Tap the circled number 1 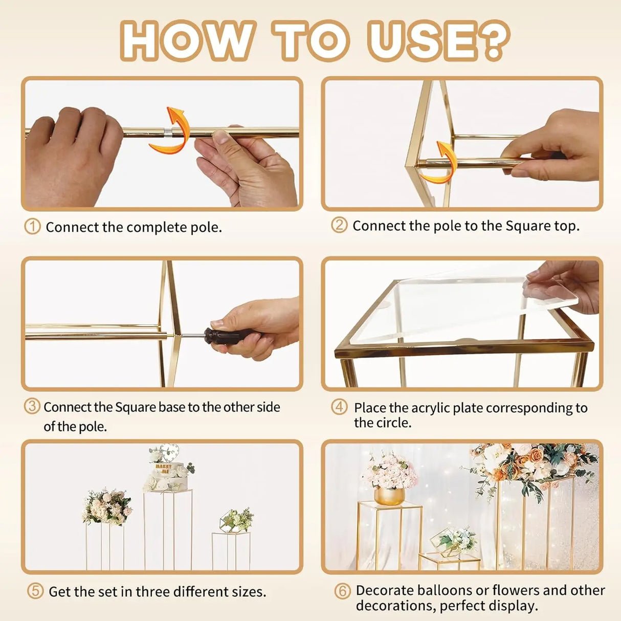click(32, 227)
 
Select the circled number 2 click(339, 225)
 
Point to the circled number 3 click(32, 406)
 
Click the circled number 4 click(339, 407)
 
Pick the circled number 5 click(35, 591)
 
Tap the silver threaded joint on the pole click(167, 132)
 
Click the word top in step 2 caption click(567, 226)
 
